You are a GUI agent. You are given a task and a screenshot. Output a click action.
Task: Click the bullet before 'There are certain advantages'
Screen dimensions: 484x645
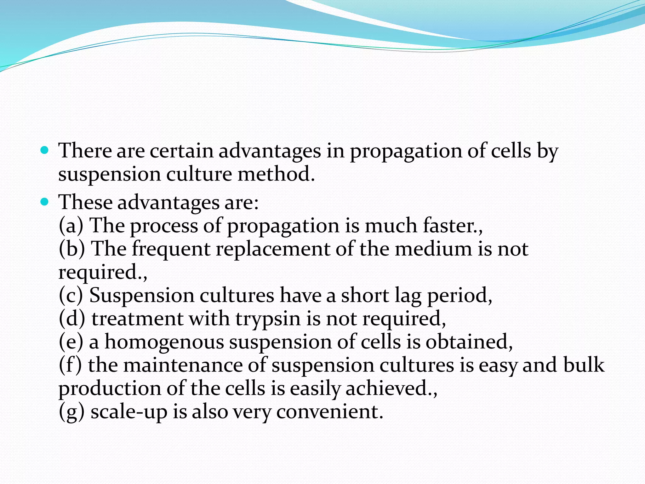tap(45, 150)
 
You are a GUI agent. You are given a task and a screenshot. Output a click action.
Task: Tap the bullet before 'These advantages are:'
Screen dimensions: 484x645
tap(45, 202)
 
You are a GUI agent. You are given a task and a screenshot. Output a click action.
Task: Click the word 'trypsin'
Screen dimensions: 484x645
tap(268, 319)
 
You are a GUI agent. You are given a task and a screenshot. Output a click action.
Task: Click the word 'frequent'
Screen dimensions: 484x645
tap(171, 249)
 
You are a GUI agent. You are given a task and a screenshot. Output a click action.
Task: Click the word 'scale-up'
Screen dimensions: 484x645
tap(129, 412)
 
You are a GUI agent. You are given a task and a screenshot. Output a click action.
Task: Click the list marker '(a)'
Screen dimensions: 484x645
tap(71, 226)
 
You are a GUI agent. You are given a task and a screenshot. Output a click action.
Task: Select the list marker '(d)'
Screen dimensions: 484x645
tap(72, 319)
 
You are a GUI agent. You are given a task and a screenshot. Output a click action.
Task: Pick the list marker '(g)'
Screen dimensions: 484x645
tap(72, 412)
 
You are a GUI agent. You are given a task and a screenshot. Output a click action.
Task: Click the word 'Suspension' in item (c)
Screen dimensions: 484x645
tap(142, 296)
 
